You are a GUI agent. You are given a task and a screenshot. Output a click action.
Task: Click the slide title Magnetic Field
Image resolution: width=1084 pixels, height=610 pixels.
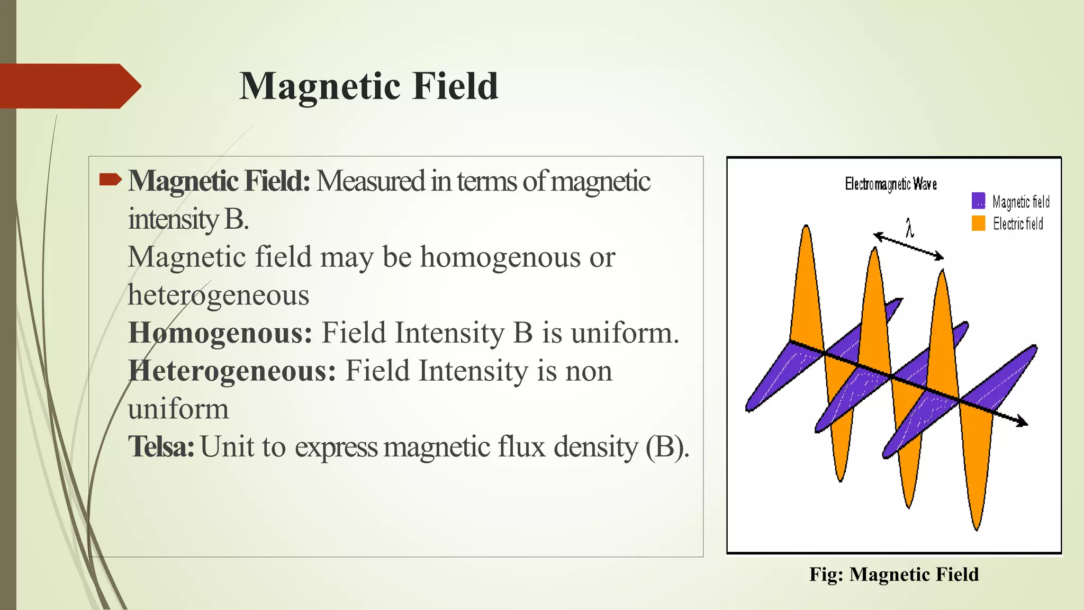368,86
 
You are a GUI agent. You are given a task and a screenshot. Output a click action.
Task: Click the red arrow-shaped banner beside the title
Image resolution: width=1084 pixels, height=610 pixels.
69,86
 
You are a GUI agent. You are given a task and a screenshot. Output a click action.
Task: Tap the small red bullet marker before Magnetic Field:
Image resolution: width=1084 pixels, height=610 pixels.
110,180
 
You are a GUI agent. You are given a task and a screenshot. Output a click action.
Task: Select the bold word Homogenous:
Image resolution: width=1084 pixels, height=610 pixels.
220,333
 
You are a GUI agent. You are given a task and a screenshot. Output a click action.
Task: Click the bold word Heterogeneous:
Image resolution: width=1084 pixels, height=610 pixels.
232,371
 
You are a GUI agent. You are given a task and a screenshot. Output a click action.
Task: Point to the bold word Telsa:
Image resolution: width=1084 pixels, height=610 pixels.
161,446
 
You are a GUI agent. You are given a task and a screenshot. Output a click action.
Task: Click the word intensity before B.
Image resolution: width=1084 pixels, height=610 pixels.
173,219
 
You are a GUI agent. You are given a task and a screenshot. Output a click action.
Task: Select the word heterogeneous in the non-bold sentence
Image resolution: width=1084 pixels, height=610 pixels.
218,295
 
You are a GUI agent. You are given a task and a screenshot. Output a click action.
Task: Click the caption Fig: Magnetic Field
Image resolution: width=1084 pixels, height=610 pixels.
893,575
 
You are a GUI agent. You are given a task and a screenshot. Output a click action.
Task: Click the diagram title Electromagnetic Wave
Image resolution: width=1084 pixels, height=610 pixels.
890,184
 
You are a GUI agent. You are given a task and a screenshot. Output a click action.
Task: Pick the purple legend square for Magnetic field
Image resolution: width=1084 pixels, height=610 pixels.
978,201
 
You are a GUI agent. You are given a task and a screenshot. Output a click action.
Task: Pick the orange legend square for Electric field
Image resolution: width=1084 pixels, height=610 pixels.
978,223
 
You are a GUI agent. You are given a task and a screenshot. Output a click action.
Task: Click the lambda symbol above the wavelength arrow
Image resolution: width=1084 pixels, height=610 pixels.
909,228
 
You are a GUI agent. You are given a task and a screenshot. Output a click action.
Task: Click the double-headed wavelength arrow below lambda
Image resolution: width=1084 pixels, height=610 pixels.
908,246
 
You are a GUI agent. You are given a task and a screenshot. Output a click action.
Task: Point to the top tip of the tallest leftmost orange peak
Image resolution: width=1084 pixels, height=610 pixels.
806,228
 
